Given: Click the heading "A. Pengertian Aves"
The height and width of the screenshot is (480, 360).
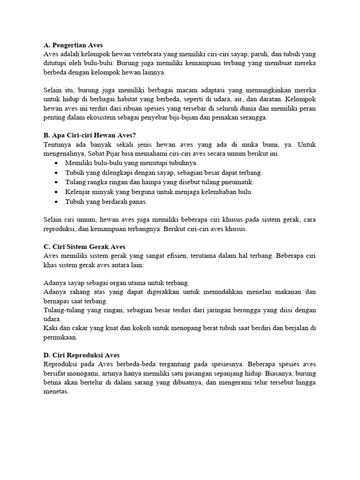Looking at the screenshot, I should [x=73, y=45].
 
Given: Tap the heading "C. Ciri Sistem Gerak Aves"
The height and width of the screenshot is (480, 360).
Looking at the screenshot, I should [x=84, y=247].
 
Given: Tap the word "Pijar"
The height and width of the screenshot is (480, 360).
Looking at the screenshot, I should [x=119, y=154].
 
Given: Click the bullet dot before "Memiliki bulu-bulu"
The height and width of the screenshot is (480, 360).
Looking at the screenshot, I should [x=56, y=163].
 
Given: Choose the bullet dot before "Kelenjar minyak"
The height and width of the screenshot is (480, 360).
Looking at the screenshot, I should [x=56, y=192].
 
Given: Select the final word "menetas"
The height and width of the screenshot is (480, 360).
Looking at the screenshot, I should [x=56, y=391].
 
